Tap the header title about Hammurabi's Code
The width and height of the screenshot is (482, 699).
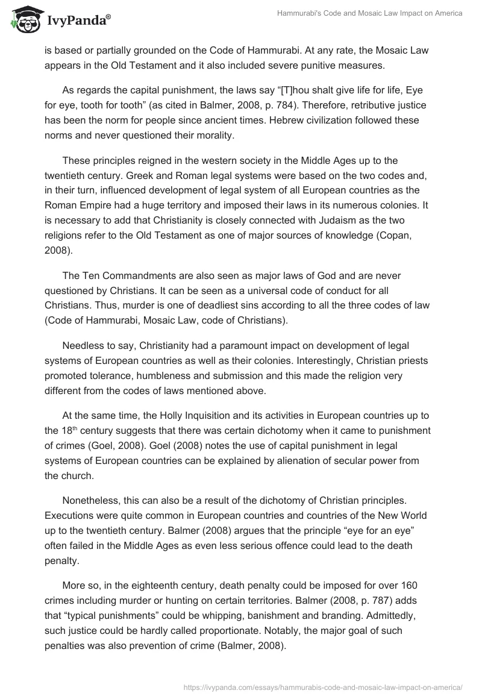(369, 13)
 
